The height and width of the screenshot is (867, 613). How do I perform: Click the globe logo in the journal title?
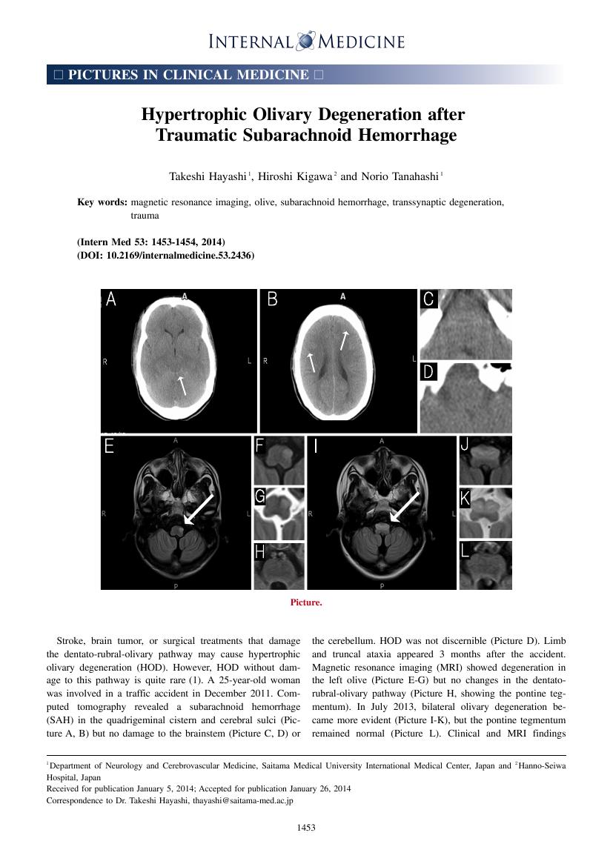306,41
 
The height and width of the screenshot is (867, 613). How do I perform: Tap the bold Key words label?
102,202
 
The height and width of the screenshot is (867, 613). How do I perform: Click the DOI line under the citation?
165,256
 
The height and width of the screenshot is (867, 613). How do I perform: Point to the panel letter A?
111,299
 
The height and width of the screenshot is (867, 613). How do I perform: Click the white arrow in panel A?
181,385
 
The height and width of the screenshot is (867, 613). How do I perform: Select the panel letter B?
272,299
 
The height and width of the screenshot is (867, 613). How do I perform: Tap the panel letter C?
428,299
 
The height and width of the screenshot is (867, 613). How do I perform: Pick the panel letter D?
428,372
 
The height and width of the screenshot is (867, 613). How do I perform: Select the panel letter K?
465,498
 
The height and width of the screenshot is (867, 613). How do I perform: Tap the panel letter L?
465,551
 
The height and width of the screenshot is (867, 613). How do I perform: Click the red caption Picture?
306,602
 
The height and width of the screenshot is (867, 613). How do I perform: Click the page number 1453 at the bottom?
306,828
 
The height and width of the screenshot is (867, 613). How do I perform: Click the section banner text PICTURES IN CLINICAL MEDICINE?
188,75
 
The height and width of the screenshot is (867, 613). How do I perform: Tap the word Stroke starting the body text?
70,640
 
